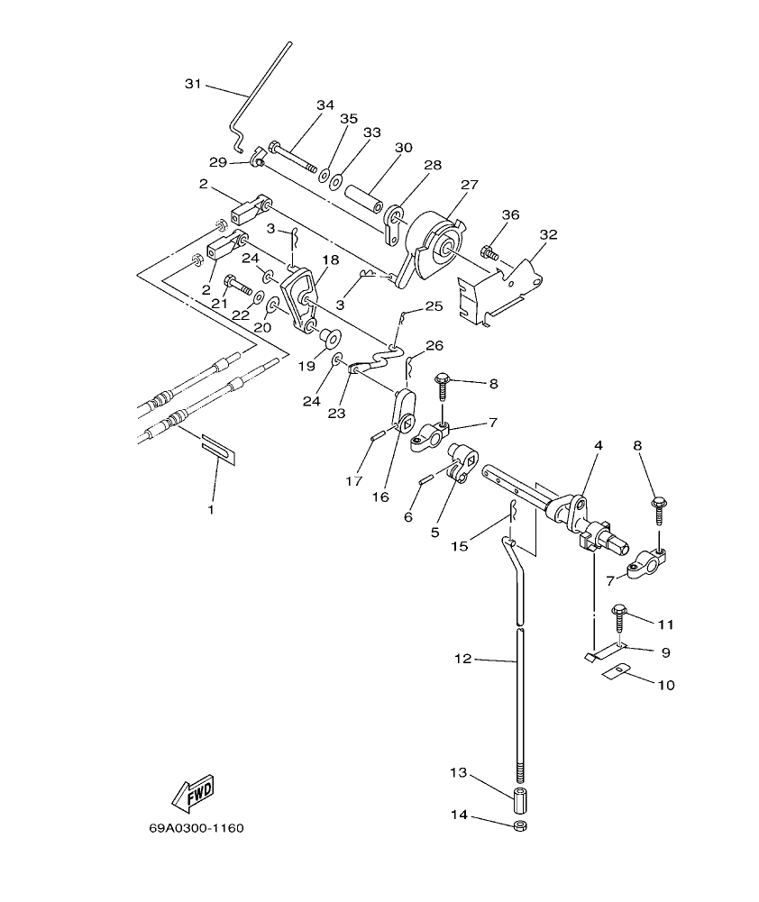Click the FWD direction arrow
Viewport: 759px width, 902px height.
(191, 793)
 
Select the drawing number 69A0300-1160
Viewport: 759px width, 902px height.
(197, 828)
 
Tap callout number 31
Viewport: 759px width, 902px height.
(193, 84)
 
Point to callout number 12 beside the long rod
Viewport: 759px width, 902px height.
(462, 660)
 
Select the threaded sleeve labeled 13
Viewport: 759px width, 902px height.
(520, 799)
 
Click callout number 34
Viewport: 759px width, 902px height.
(325, 105)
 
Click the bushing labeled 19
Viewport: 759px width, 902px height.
(327, 339)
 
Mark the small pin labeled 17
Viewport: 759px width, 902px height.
(378, 436)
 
